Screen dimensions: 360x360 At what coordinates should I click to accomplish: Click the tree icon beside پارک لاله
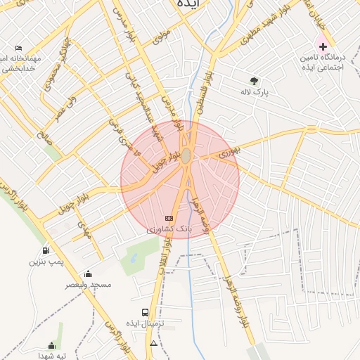[254, 80]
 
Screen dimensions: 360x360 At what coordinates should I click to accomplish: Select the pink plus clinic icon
[323, 46]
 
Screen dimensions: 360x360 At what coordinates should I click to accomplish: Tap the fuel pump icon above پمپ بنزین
[46, 250]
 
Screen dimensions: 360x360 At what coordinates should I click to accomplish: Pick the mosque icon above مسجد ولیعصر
[88, 274]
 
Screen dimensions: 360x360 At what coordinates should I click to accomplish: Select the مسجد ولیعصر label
[89, 285]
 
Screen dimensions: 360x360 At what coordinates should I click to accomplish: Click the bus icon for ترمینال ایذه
[145, 312]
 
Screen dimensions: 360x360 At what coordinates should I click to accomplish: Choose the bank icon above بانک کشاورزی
[168, 218]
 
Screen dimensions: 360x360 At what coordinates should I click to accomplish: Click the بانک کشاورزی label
[169, 229]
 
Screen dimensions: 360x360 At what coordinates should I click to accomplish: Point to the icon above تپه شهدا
[51, 345]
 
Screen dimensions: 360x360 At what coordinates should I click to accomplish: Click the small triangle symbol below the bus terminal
[153, 343]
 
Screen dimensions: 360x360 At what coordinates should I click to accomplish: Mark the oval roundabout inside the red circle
[186, 156]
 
